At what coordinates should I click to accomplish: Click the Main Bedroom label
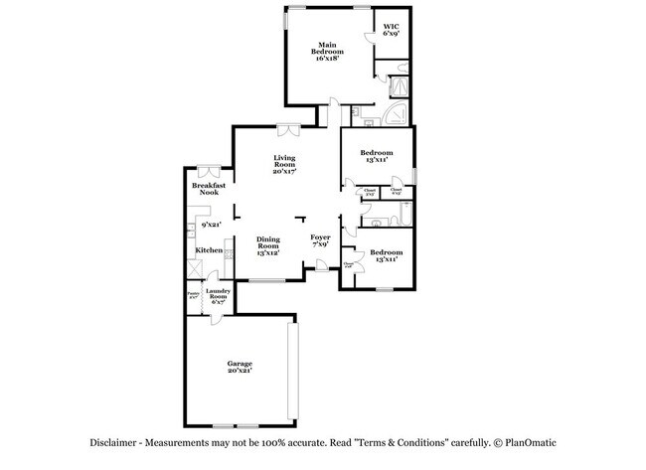pos(327,52)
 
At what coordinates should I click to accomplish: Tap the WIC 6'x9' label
pos(391,31)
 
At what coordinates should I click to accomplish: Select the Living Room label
pos(285,164)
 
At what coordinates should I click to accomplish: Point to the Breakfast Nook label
pos(208,188)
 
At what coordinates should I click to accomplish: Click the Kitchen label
pos(208,250)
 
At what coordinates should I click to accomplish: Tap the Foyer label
pos(319,240)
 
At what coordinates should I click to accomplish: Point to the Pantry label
pos(192,294)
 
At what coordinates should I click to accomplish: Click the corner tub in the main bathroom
pos(397,112)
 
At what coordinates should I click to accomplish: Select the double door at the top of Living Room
pos(288,127)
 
